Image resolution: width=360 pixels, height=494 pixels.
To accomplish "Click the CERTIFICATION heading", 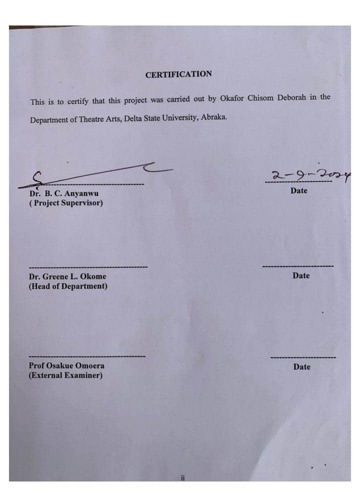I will coord(178,74).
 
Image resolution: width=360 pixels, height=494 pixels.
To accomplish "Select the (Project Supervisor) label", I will coord(66,203).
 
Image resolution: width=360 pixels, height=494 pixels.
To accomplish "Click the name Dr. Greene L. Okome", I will coord(67,276).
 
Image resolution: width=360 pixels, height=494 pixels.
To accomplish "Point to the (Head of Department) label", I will coord(68,286).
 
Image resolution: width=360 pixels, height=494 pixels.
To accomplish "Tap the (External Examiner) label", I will coord(65,375).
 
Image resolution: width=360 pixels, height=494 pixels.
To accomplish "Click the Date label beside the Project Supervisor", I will coord(299,190).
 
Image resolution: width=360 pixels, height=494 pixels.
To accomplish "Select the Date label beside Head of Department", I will coord(301,275).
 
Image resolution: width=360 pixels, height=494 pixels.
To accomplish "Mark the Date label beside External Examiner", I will coord(301,366).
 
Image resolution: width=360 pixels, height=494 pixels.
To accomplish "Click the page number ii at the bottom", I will coord(183,478).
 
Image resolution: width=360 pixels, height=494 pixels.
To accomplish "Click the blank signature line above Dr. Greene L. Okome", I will coord(88,266).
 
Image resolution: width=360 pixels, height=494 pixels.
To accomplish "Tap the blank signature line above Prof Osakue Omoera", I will coord(87,356).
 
